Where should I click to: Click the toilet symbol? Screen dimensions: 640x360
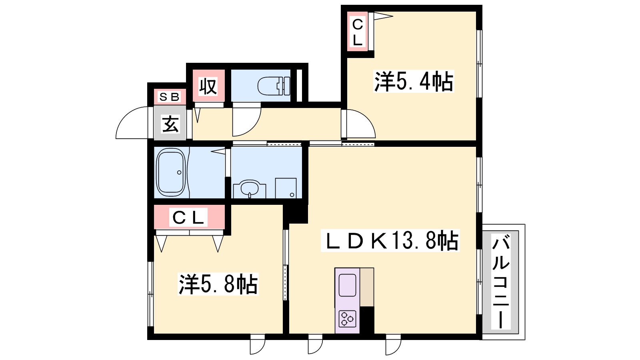(x=274, y=86)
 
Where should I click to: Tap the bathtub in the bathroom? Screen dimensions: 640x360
(x=171, y=172)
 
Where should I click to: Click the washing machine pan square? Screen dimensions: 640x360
(x=286, y=188)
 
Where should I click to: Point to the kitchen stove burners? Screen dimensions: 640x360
(x=347, y=318)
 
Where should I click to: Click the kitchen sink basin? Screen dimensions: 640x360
(x=347, y=285)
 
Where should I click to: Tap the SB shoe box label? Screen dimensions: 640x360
(x=170, y=97)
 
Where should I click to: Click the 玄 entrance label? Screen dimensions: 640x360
(x=170, y=124)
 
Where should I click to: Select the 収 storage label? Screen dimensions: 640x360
(x=208, y=86)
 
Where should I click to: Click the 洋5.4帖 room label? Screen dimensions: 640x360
(x=414, y=82)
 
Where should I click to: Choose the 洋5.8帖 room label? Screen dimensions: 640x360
(x=218, y=284)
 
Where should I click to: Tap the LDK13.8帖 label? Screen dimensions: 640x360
(x=390, y=240)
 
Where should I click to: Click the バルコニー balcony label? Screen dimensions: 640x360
(x=500, y=282)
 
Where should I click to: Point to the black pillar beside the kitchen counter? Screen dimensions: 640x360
(x=367, y=320)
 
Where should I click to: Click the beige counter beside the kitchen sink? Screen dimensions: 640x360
(x=367, y=287)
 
